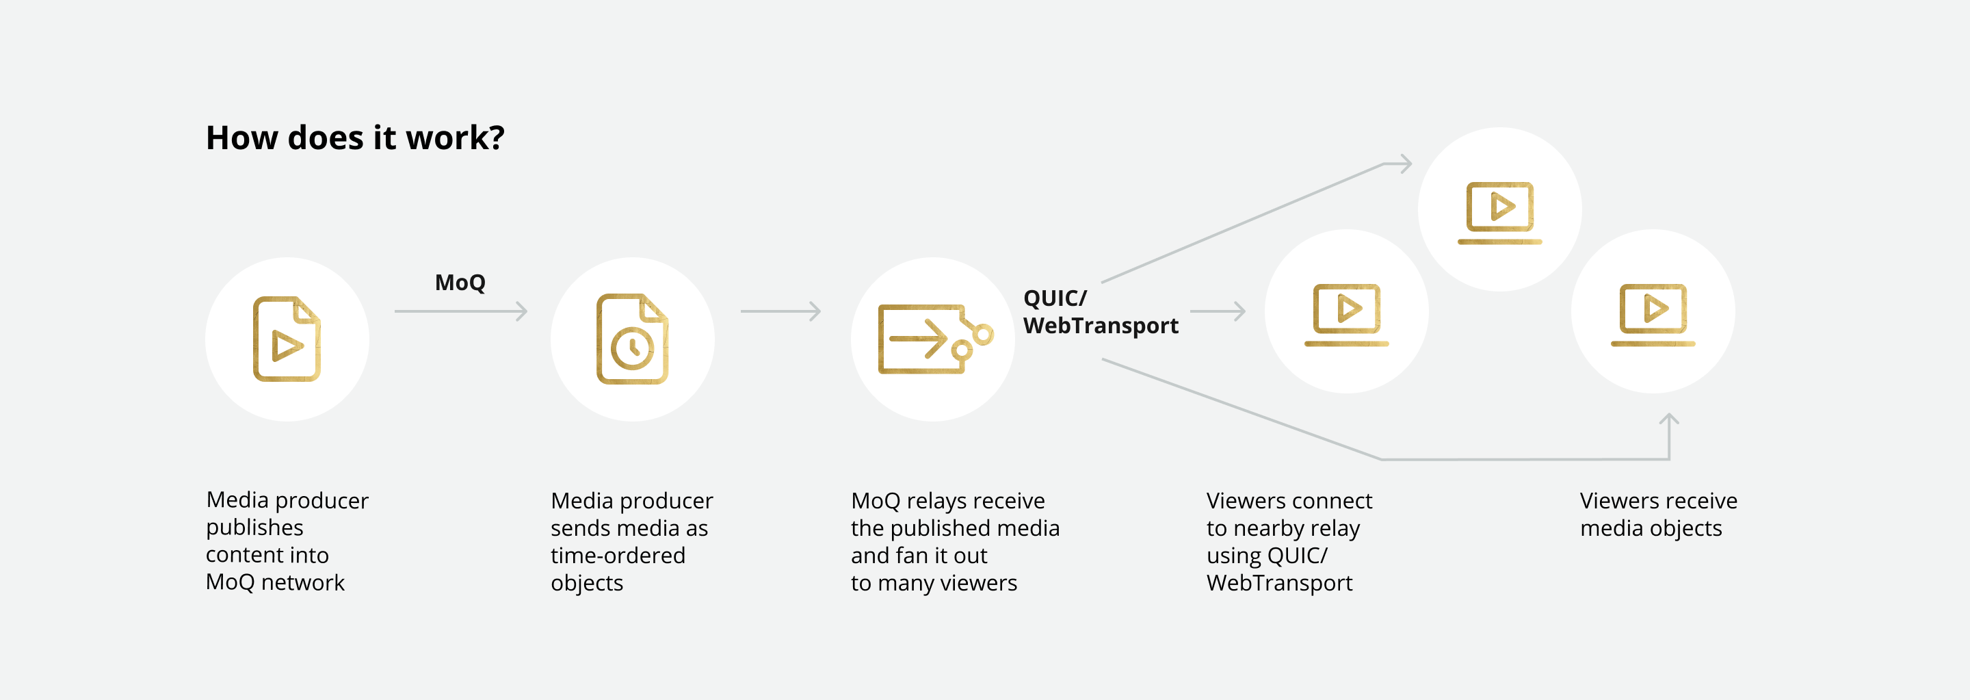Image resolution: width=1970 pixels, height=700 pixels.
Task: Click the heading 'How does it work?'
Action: (x=355, y=138)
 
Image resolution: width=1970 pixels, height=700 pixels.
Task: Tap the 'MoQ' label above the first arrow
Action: (x=460, y=283)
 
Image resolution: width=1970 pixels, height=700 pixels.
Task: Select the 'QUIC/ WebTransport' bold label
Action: (x=1100, y=312)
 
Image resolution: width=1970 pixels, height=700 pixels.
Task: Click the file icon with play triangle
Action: (x=287, y=339)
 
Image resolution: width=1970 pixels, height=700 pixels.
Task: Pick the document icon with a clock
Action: (x=631, y=339)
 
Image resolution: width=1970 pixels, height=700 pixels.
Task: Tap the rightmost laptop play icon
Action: (x=1653, y=313)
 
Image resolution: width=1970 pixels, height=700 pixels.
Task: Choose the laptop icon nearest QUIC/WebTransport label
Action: (x=1346, y=313)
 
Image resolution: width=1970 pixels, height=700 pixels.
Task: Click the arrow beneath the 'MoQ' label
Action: (x=460, y=311)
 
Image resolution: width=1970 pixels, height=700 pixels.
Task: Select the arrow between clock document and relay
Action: (x=780, y=311)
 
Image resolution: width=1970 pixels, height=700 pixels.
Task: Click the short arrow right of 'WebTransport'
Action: (x=1218, y=311)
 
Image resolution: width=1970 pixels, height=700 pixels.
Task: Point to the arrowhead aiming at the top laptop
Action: (x=1404, y=164)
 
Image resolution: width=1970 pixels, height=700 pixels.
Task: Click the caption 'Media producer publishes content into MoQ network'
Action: (x=287, y=541)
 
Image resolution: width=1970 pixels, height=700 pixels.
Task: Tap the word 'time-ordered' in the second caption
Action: (x=618, y=556)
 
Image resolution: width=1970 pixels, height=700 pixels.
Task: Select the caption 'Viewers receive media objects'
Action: (x=1658, y=514)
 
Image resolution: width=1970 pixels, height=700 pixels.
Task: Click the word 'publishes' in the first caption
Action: (x=254, y=528)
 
